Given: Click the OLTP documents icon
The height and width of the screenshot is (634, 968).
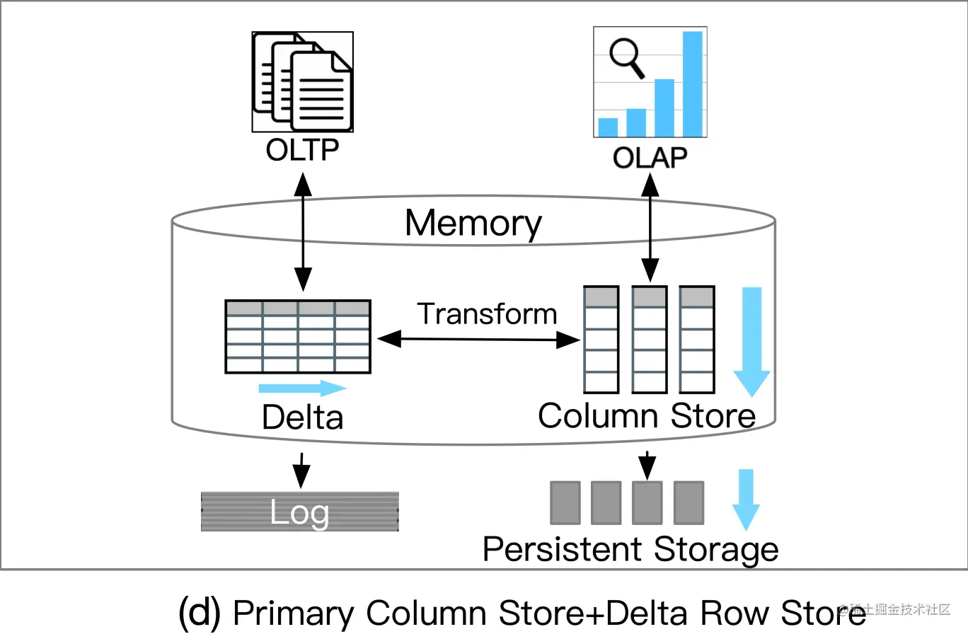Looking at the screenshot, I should pyautogui.click(x=303, y=82).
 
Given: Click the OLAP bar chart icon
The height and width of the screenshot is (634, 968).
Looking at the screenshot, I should pyautogui.click(x=650, y=82).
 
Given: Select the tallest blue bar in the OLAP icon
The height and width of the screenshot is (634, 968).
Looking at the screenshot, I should pyautogui.click(x=692, y=83).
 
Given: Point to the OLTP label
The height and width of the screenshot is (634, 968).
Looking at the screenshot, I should pyautogui.click(x=303, y=151).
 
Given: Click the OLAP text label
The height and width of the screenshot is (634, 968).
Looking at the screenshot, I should pyautogui.click(x=650, y=157).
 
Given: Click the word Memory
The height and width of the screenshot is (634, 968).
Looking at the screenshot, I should pyautogui.click(x=473, y=223).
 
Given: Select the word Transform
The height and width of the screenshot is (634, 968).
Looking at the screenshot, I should pyautogui.click(x=487, y=313).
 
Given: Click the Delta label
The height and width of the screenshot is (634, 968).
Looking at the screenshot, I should pyautogui.click(x=302, y=417).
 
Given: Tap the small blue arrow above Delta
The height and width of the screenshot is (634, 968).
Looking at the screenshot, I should pyautogui.click(x=303, y=388).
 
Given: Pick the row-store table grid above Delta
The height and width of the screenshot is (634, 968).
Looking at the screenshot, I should pyautogui.click(x=298, y=336).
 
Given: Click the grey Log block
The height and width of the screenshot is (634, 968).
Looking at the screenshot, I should pyautogui.click(x=300, y=512).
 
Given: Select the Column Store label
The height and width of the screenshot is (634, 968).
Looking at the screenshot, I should pyautogui.click(x=646, y=415).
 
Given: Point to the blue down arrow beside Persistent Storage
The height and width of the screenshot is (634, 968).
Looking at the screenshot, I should pyautogui.click(x=745, y=499).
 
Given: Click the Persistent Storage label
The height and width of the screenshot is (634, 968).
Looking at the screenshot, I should pyautogui.click(x=630, y=549).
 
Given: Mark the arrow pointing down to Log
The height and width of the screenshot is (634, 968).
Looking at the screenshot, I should pyautogui.click(x=302, y=468).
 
